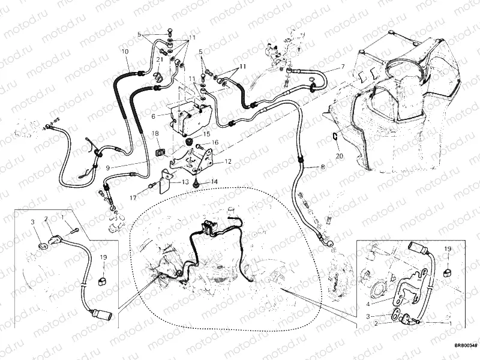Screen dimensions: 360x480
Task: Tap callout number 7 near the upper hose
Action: click(343, 67)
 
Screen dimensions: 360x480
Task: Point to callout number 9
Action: click(108, 169)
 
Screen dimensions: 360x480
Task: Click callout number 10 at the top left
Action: click(126, 52)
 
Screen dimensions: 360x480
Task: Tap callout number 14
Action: click(214, 181)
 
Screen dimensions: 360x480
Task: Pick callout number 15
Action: click(206, 134)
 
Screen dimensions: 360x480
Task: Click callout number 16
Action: click(215, 143)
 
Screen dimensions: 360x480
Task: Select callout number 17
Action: click(133, 196)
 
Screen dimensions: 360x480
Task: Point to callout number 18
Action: click(154, 133)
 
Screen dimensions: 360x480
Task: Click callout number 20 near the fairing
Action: click(339, 155)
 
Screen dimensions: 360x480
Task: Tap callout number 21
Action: click(160, 59)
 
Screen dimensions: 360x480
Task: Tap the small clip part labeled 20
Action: click(334, 138)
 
